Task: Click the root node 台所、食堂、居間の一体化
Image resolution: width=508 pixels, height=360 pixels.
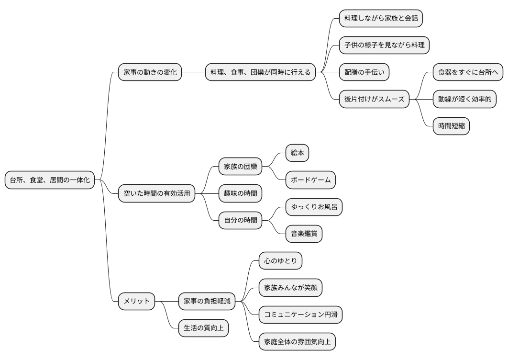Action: [50, 180]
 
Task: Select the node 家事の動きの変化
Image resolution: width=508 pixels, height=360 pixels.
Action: [150, 72]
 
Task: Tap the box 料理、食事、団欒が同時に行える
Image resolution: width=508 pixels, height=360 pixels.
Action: [260, 72]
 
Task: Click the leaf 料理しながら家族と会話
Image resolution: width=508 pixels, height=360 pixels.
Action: [381, 18]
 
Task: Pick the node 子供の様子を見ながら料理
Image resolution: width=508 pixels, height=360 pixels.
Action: [384, 45]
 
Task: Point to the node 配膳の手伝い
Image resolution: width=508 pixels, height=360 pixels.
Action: [364, 72]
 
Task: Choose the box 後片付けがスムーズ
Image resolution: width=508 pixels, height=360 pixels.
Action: [374, 100]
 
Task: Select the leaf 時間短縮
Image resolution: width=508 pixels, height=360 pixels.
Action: [451, 126]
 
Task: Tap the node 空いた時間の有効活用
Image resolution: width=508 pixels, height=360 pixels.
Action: [156, 193]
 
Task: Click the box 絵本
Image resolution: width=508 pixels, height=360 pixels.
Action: [297, 153]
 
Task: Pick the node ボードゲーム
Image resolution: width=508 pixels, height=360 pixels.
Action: [310, 180]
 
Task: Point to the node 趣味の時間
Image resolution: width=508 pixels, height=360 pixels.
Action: [240, 193]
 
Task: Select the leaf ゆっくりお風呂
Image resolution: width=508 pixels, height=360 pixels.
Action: [314, 207]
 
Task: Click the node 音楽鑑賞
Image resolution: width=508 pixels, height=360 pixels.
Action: [304, 234]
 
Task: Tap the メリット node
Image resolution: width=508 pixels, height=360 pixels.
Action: [136, 301]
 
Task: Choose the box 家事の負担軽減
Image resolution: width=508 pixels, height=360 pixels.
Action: [207, 301]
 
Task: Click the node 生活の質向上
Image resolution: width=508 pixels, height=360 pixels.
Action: [203, 328]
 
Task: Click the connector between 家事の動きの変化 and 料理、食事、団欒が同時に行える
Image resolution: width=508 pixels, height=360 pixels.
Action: [193, 72]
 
